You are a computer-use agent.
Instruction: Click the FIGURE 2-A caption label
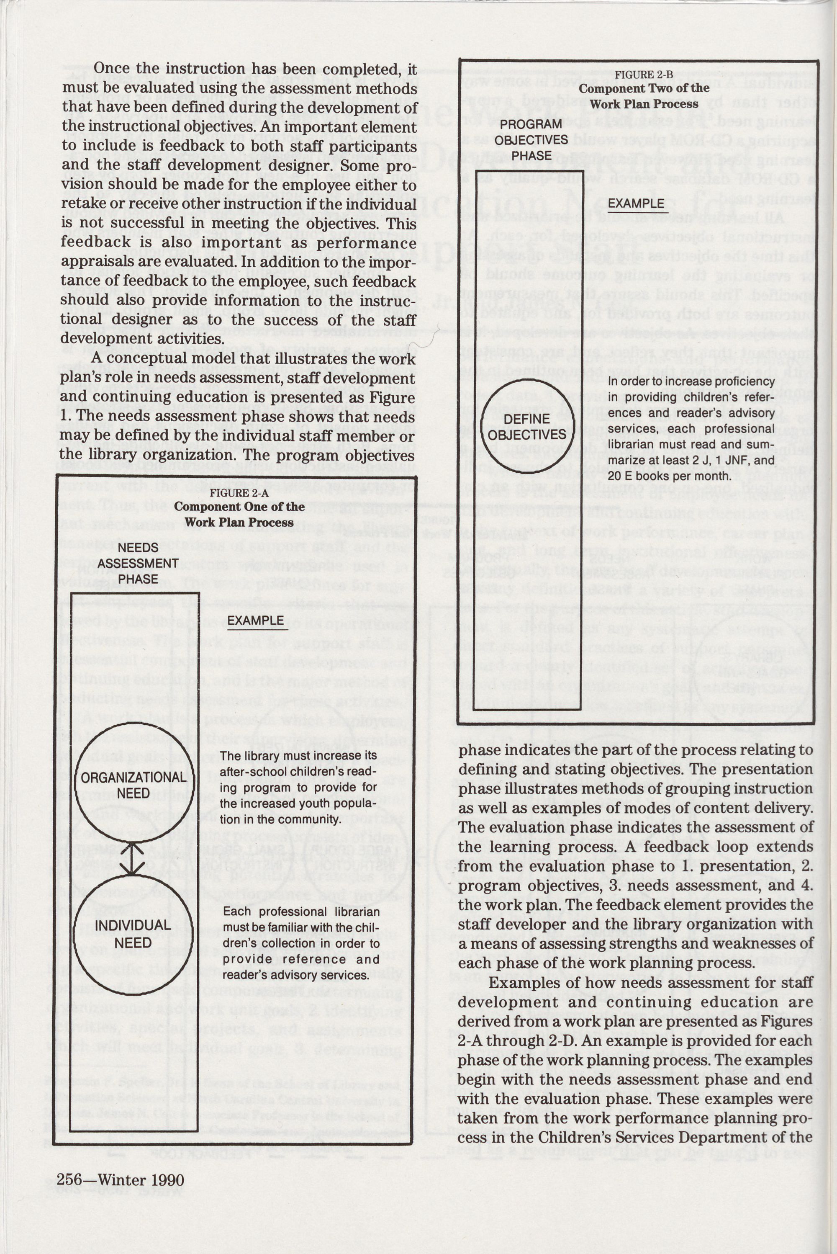point(238,492)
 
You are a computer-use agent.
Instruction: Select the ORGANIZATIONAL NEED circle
point(134,785)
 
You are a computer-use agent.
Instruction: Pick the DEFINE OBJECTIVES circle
point(526,427)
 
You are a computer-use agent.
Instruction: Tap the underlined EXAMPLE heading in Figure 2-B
point(636,203)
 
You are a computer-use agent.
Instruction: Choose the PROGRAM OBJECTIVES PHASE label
point(531,139)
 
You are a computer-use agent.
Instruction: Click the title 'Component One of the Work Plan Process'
point(239,514)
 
